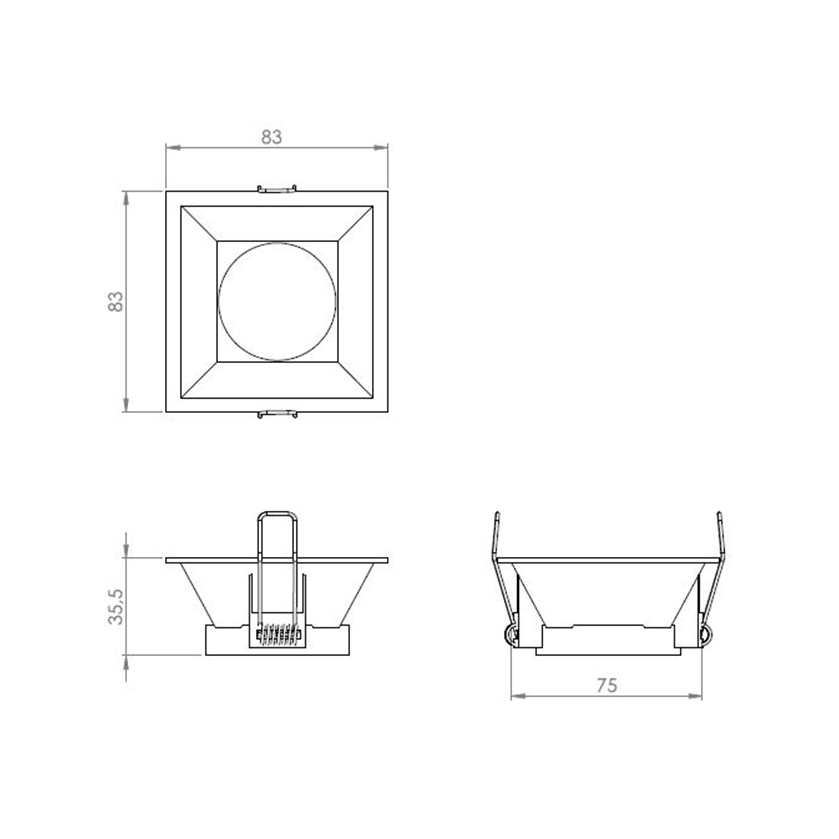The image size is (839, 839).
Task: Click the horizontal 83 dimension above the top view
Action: pyautogui.click(x=271, y=137)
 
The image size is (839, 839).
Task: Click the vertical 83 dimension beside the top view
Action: pyautogui.click(x=115, y=301)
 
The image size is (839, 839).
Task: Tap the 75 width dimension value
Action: pyautogui.click(x=607, y=685)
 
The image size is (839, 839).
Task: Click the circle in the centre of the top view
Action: pyautogui.click(x=277, y=301)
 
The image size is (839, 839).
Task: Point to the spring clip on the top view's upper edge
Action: pyautogui.click(x=277, y=189)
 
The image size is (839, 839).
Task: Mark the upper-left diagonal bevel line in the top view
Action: pyautogui.click(x=199, y=224)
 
